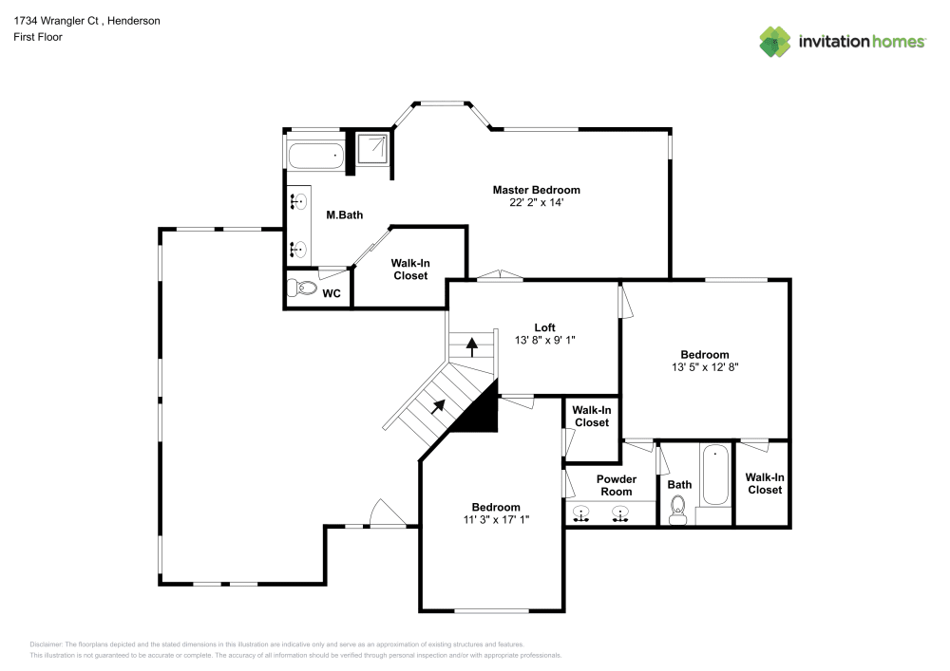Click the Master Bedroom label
(536, 190)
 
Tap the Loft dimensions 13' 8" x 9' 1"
(544, 340)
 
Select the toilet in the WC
(302, 288)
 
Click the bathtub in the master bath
(315, 156)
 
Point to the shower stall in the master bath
(372, 149)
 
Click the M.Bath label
(344, 214)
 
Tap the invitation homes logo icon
(775, 42)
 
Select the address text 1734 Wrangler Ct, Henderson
(86, 21)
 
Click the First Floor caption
(38, 37)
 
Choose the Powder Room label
(617, 485)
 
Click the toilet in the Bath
(677, 510)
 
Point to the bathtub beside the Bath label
(715, 475)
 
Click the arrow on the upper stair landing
(471, 347)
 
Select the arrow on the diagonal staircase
(438, 406)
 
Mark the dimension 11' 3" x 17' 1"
(496, 520)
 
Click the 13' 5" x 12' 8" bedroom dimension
(705, 367)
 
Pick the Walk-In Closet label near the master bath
(410, 270)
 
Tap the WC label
(332, 293)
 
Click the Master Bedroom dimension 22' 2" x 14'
(536, 203)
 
